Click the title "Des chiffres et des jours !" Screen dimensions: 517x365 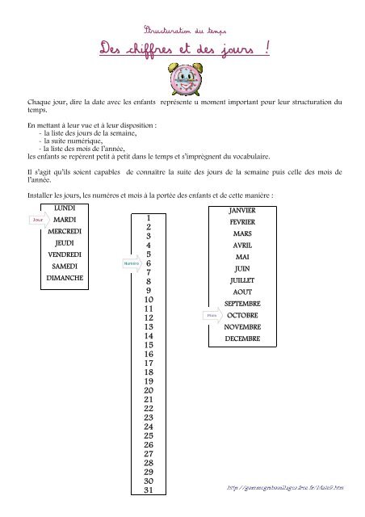pos(182,52)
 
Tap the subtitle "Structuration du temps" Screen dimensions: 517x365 pos(182,28)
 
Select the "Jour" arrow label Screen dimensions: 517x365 pos(38,219)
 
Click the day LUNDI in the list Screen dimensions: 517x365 pos(65,208)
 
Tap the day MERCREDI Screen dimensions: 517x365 pos(65,231)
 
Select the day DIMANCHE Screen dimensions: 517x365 pos(65,278)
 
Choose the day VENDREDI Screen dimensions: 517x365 pos(65,254)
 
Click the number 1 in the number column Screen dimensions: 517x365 pos(149,218)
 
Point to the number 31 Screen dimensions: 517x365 pos(149,490)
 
